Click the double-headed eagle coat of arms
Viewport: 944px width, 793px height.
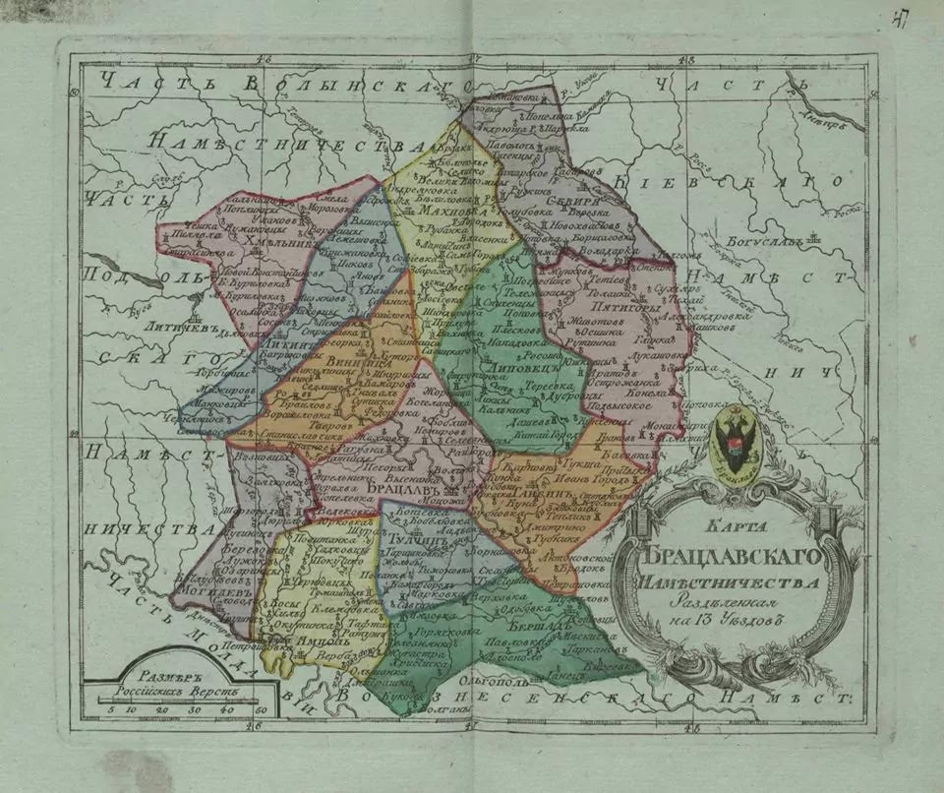(734, 442)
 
